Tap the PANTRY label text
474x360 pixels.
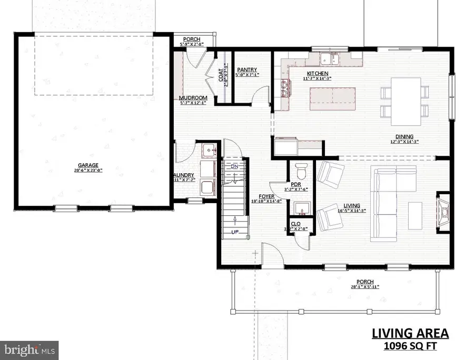246,69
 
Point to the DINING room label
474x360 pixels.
405,136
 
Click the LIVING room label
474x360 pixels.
352,205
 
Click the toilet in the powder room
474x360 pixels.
302,171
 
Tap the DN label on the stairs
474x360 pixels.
235,166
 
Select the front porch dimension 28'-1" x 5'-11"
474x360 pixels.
364,287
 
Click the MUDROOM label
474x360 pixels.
193,98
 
